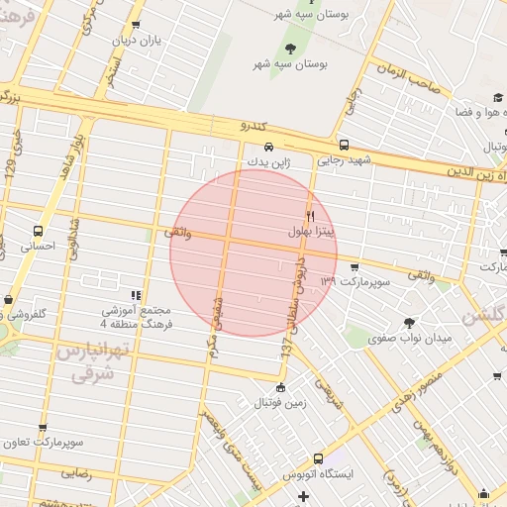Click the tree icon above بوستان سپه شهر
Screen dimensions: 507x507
pos(290,49)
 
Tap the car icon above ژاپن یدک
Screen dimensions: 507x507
pos(255,147)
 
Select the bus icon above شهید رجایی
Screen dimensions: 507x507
pos(344,145)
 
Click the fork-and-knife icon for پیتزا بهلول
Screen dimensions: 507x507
pos(310,216)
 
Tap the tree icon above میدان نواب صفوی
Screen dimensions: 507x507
pos(409,323)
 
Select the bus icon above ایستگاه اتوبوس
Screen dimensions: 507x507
pos(318,459)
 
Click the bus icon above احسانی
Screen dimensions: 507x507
pos(38,231)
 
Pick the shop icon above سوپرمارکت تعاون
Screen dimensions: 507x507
pos(42,428)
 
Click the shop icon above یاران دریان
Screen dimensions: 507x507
pos(136,26)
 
